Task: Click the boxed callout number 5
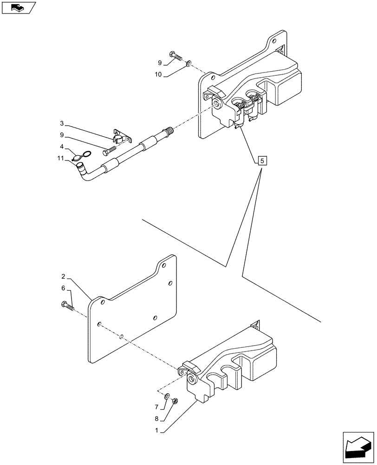click(x=261, y=161)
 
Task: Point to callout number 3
click(x=62, y=124)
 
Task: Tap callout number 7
click(x=157, y=407)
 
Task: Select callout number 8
click(x=157, y=418)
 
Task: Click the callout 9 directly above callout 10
click(x=160, y=62)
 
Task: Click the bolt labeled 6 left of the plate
click(x=68, y=306)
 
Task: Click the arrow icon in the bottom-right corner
click(x=357, y=446)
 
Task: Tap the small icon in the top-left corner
click(x=19, y=8)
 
